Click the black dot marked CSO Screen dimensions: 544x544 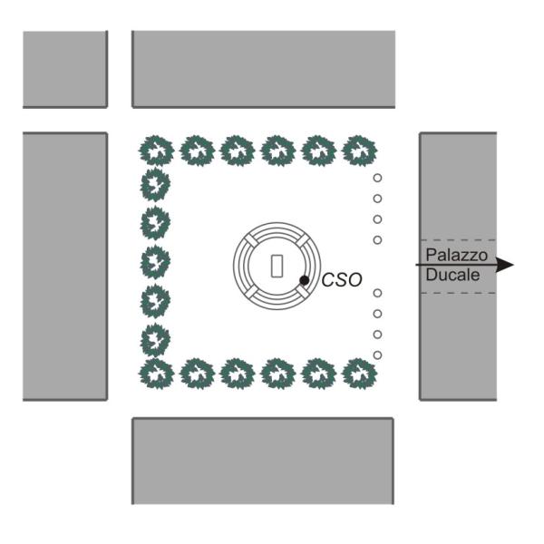tap(304, 280)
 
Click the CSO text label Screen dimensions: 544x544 tap(342, 280)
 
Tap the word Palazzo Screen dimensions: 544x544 tap(457, 256)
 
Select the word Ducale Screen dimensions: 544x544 tap(452, 275)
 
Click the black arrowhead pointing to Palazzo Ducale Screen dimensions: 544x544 tap(505, 265)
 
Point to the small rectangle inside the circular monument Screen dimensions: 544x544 tap(277, 266)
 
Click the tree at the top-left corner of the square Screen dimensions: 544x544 tap(157, 151)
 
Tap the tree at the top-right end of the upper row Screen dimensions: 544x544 tap(359, 151)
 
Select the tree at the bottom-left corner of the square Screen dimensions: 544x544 tap(157, 374)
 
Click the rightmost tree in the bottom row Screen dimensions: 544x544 tap(359, 374)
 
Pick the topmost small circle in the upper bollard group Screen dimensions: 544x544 tap(377, 178)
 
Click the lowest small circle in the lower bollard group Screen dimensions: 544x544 tap(377, 355)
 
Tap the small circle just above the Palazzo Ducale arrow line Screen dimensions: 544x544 tap(377, 239)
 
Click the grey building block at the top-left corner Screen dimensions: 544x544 tap(65, 70)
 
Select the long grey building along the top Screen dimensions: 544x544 tap(263, 70)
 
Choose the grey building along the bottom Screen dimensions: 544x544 tap(263, 461)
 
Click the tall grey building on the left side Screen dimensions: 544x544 tap(65, 267)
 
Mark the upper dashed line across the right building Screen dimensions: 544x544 tap(458, 240)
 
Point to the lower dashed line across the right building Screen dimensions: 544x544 tap(458, 293)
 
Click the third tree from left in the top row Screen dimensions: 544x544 tap(238, 151)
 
